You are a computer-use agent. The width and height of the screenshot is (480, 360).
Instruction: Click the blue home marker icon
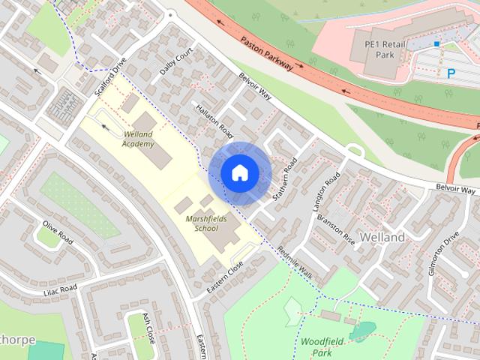click(x=239, y=173)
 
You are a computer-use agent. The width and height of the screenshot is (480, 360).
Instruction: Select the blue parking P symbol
click(x=451, y=73)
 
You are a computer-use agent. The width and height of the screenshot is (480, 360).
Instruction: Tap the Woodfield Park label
click(x=322, y=346)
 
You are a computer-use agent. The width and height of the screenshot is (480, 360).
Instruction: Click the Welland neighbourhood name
click(x=382, y=237)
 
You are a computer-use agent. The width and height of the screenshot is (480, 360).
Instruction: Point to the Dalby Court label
click(x=176, y=61)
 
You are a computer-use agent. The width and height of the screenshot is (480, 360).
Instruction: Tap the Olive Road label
click(x=57, y=232)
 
